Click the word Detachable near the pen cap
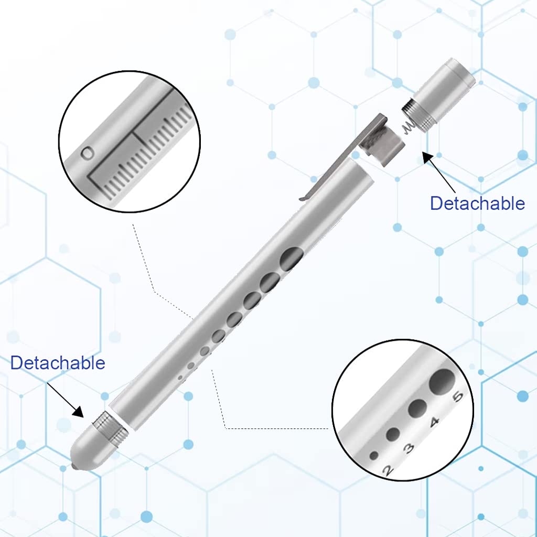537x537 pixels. tap(477, 203)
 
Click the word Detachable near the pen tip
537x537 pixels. tap(58, 363)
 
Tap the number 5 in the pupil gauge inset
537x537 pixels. tap(457, 396)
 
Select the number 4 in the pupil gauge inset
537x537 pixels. tap(434, 422)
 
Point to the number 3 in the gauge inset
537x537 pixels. tap(409, 447)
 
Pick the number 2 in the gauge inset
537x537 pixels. tap(388, 469)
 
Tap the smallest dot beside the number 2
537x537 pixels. tap(374, 455)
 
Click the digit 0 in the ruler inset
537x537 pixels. tap(88, 153)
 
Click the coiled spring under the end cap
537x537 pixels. tap(409, 126)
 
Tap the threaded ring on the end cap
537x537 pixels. tap(418, 115)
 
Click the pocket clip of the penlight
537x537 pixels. tap(343, 158)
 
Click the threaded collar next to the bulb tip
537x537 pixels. tap(111, 427)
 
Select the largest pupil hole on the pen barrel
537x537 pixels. tap(292, 257)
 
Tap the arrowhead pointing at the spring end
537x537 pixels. tap(428, 158)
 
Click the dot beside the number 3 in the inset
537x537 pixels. tap(393, 434)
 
